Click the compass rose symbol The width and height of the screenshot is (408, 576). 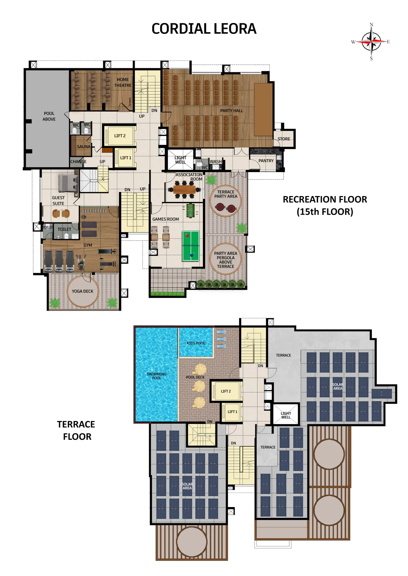pos(371,42)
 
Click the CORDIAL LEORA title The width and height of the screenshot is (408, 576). pos(204,29)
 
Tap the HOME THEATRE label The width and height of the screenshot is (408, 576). pos(123,82)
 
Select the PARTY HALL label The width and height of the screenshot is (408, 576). pos(232,111)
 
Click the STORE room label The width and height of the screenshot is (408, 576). pos(284,139)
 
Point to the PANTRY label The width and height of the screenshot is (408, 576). pos(266,161)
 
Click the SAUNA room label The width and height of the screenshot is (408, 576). pos(84,147)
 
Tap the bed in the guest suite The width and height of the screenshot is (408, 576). pos(68,183)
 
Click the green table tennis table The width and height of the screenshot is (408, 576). pos(191,246)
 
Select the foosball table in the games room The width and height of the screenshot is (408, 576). pos(190,211)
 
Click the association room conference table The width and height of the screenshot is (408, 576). pos(184,190)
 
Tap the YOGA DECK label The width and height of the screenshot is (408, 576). pos(83,291)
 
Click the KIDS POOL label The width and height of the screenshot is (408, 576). pos(196,343)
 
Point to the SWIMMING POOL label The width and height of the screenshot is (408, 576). pos(157,376)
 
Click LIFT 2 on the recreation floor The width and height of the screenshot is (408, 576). pos(120,136)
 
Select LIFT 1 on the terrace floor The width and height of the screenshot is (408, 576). pos(232,412)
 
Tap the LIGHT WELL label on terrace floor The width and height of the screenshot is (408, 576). pos(286,415)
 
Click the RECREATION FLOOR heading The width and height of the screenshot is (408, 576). pos(325,205)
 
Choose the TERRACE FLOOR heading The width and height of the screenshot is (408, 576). pos(76,431)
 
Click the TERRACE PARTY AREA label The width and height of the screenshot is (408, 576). pos(226,194)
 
